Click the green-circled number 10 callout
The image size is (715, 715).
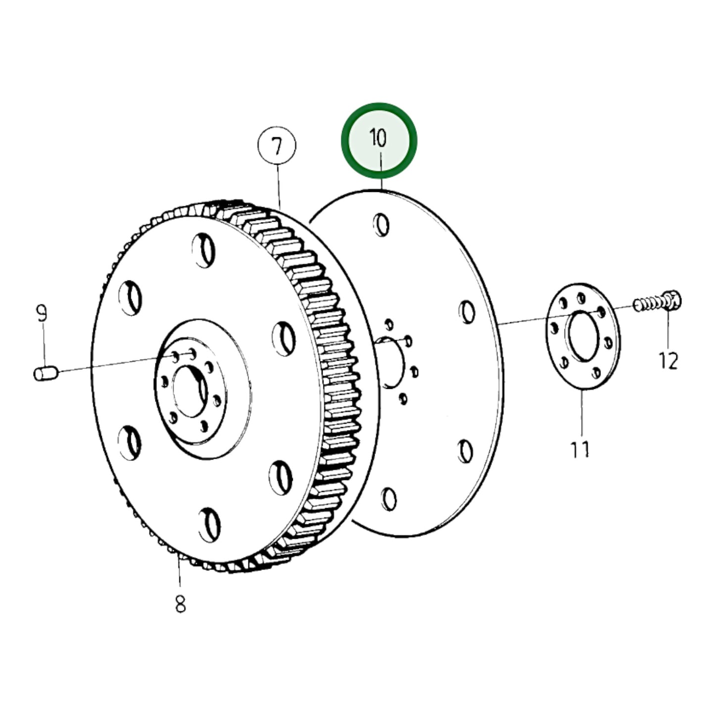tap(379, 140)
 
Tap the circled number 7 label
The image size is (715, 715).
tap(277, 146)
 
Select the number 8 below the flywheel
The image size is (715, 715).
tap(180, 604)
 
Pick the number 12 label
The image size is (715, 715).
tap(668, 361)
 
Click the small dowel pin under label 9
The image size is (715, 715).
tap(46, 374)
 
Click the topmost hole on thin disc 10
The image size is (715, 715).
tap(381, 225)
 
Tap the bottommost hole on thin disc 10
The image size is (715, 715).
tap(389, 499)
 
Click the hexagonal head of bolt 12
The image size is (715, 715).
tap(671, 300)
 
